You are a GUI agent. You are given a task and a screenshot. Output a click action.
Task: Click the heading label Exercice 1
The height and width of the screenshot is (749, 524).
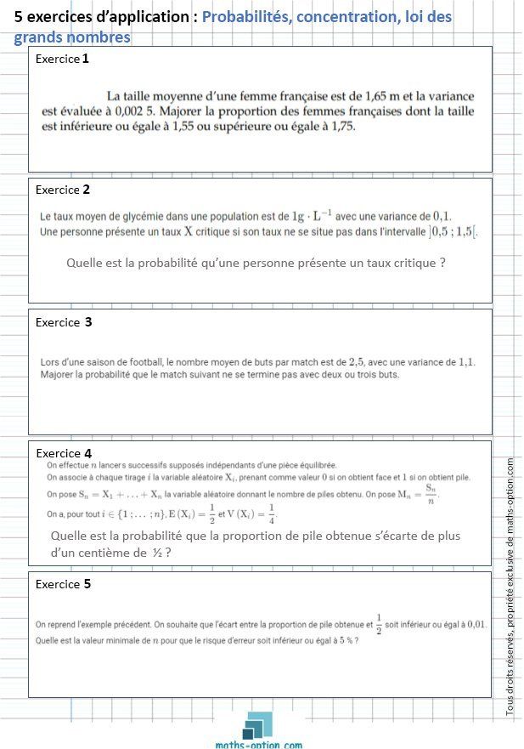(62, 59)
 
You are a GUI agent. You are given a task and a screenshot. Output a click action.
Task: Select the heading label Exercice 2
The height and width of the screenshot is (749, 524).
(63, 190)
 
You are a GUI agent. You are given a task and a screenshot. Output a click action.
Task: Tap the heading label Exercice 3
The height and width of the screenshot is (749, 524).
(64, 322)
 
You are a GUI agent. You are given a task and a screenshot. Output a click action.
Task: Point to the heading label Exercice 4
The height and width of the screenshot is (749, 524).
(64, 453)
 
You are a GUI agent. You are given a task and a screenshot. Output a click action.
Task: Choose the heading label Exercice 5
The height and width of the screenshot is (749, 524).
(63, 584)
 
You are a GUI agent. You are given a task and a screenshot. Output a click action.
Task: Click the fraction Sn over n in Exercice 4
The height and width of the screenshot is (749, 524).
(431, 494)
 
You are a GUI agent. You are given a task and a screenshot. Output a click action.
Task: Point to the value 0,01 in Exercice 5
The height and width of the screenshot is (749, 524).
(474, 624)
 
